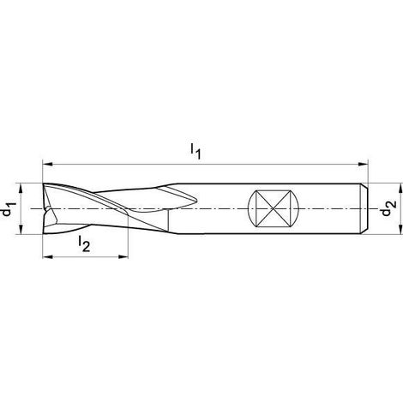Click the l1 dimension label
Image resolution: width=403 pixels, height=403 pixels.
pyautogui.click(x=195, y=151)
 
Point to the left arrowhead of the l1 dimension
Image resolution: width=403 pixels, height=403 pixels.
pyautogui.click(x=47, y=165)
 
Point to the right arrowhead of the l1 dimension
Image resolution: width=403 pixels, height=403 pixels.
pyautogui.click(x=363, y=165)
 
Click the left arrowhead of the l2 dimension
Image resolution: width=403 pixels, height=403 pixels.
pyautogui.click(x=47, y=257)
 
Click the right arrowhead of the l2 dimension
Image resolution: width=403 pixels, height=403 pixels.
pyautogui.click(x=123, y=257)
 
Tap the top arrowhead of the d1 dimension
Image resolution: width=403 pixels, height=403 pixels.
pyautogui.click(x=21, y=189)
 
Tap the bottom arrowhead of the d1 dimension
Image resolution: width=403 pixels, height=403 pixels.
pyautogui.click(x=21, y=230)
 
